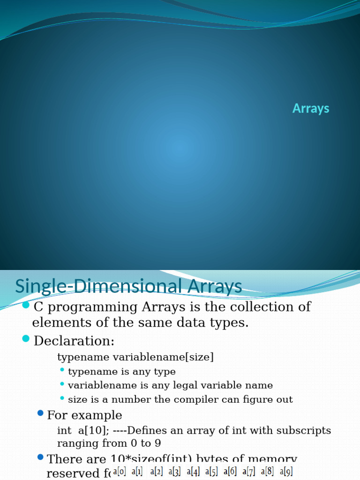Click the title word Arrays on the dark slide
pos(311,108)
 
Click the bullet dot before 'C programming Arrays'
pos(26,306)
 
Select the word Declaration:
pos(74,340)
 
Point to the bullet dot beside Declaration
pos(26,339)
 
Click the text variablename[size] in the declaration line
pos(163,357)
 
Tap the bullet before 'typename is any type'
pos(62,370)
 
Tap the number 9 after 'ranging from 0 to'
pos(159,443)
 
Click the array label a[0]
pos(119,471)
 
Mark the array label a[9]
pos(286,471)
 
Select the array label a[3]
pos(175,471)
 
